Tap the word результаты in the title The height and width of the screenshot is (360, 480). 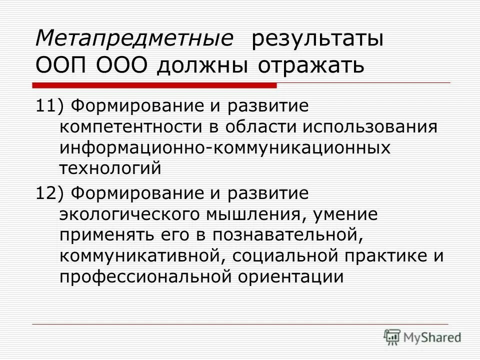coord(318,39)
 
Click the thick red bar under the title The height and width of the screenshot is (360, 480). coord(155,86)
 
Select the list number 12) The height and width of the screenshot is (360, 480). coord(50,193)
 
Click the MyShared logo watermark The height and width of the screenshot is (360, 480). coord(422,336)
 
